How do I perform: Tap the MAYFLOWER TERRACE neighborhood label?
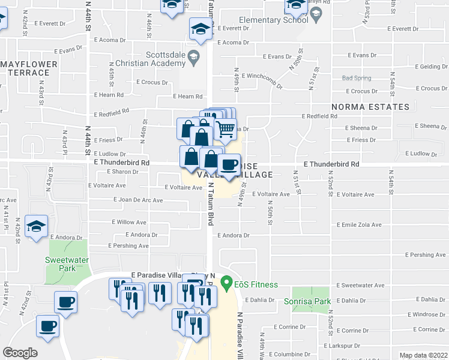coord(29,68)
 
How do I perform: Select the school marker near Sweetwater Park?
coord(37,227)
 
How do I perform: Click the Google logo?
coord(20,353)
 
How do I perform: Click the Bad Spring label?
coord(357,78)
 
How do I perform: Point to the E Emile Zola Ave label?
coord(359,225)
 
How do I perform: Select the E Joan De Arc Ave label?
coord(139,200)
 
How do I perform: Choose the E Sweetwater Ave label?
coord(360,286)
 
